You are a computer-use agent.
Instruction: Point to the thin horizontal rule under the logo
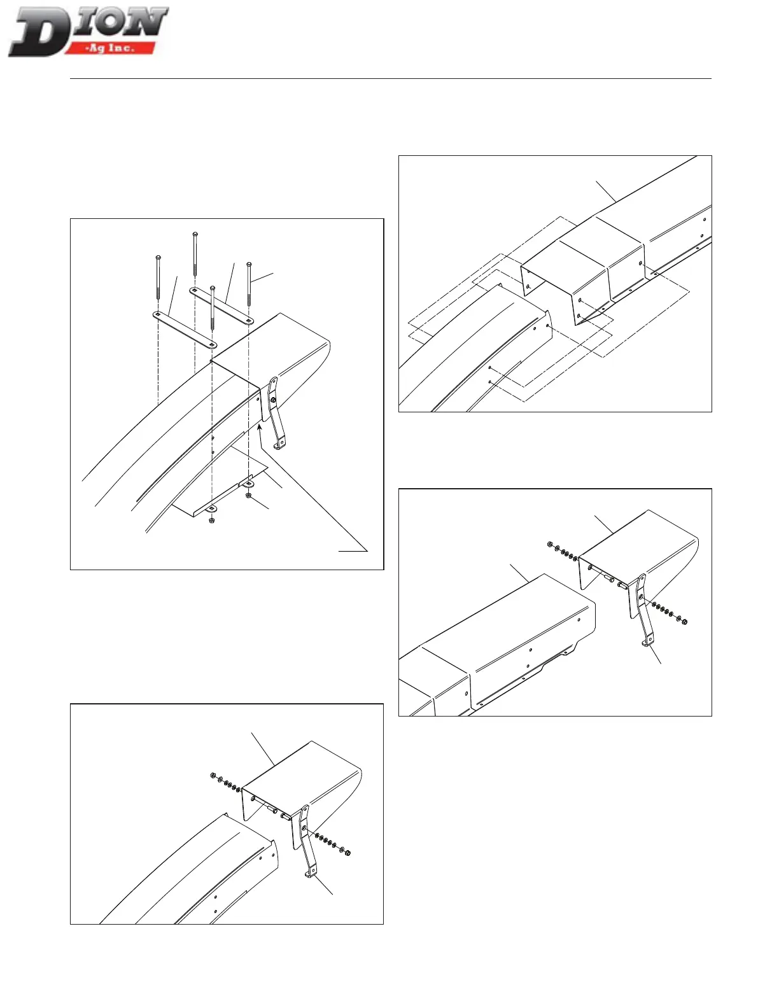(389, 79)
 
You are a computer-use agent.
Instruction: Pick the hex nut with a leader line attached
(248, 495)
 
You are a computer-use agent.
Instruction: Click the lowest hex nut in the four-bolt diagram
(211, 521)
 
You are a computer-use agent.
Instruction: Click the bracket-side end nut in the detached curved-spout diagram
(347, 853)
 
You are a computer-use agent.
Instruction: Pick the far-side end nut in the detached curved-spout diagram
(212, 776)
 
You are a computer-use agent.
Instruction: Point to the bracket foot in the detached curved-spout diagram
(309, 875)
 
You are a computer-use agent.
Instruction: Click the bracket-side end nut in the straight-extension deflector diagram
(684, 620)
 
